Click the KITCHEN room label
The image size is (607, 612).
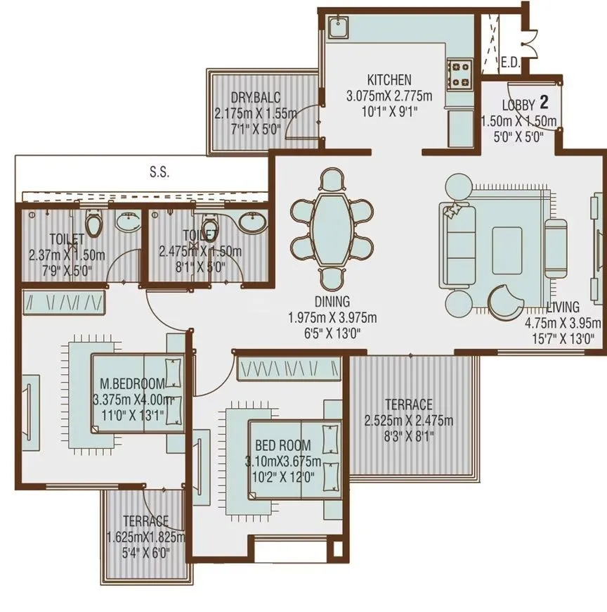coord(389,80)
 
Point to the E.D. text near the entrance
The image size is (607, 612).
coord(510,63)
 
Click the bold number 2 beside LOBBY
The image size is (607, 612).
coord(543,100)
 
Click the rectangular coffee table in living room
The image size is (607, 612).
coord(507,249)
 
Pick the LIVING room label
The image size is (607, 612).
coord(563,307)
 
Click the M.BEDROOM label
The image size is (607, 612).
coord(133,383)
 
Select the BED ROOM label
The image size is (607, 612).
coord(282,446)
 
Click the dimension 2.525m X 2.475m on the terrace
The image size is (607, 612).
coord(408,421)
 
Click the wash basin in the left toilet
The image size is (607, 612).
coord(127,222)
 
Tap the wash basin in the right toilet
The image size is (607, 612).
coord(251,222)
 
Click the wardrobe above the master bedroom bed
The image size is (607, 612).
coord(65,303)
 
